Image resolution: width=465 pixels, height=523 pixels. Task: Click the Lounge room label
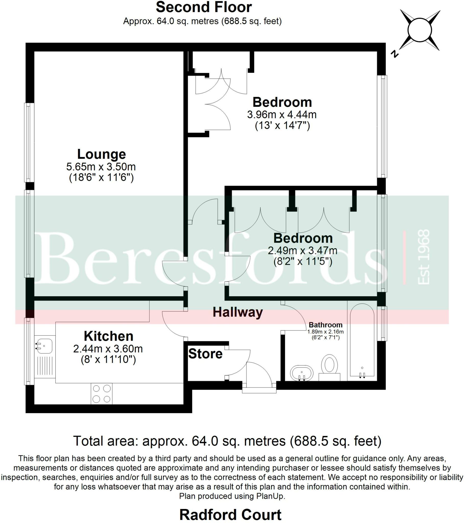[101, 154]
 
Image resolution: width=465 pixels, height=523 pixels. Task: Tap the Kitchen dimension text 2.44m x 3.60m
[108, 349]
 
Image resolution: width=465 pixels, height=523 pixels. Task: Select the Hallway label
[238, 312]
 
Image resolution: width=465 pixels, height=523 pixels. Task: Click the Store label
[205, 354]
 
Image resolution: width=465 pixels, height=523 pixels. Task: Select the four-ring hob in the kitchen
[102, 394]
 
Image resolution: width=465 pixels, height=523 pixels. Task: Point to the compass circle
[420, 30]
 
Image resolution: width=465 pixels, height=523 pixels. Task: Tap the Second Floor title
[204, 7]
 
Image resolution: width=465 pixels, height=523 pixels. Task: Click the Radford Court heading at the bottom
[230, 515]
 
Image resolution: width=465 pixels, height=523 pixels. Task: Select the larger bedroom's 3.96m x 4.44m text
[282, 114]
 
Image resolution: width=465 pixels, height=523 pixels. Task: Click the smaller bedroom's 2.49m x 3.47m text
[303, 251]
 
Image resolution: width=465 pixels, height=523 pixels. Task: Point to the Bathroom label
[325, 325]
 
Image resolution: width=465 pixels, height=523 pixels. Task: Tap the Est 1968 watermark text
[423, 257]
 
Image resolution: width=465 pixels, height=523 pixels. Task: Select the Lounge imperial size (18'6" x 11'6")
[101, 177]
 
